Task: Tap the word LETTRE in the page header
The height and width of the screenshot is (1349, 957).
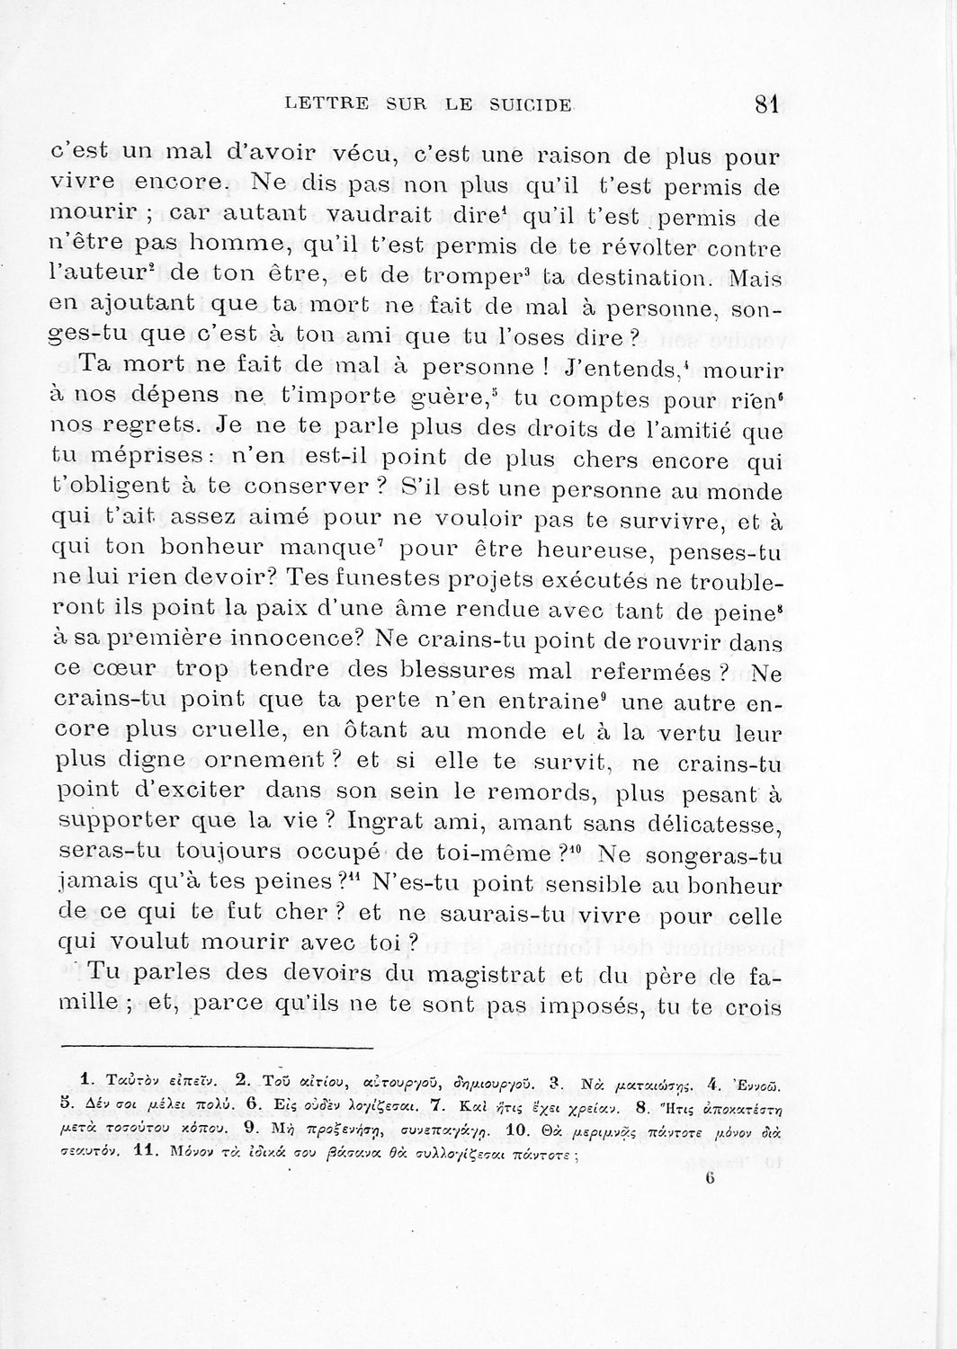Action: pos(320,105)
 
